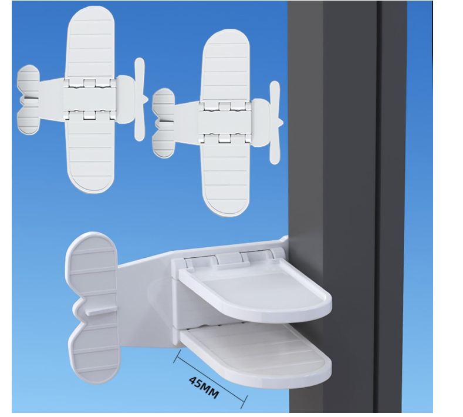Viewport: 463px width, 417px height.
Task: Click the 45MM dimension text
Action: (x=204, y=388)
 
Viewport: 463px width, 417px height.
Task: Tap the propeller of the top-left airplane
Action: (x=140, y=99)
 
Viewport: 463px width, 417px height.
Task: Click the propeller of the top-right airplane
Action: (x=275, y=123)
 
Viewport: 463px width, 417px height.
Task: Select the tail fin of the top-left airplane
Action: (x=28, y=100)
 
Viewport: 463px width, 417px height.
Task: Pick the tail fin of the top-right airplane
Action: (x=164, y=123)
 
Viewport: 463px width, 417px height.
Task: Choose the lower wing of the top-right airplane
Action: (x=226, y=177)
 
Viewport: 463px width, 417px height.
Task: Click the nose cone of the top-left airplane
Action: (x=126, y=100)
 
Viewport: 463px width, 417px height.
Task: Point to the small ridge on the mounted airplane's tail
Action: (x=102, y=311)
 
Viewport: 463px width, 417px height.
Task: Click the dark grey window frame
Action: (x=346, y=207)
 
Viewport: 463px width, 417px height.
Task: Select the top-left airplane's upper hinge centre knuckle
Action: (x=89, y=83)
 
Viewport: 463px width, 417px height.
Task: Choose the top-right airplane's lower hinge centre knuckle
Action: (x=225, y=138)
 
